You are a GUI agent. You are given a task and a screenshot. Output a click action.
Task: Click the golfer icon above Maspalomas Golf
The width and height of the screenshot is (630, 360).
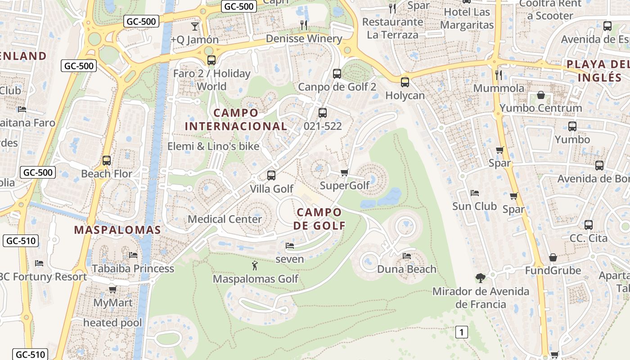click(255, 265)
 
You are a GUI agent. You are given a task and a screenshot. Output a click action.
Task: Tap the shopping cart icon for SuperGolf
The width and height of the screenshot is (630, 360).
click(345, 172)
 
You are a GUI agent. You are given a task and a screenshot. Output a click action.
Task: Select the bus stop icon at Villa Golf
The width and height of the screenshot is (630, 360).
click(271, 175)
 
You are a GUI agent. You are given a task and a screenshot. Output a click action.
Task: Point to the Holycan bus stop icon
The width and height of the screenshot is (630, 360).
click(405, 82)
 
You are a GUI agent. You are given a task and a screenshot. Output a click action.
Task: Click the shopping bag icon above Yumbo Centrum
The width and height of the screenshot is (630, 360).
click(541, 95)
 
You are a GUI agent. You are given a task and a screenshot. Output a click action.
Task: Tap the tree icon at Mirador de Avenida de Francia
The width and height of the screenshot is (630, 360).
click(481, 278)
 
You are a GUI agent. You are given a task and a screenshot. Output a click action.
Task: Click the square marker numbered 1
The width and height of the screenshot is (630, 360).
click(461, 333)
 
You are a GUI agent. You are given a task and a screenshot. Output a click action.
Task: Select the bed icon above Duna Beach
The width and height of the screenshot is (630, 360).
click(407, 256)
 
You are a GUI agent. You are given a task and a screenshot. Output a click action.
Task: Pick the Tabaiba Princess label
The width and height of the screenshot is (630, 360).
click(133, 269)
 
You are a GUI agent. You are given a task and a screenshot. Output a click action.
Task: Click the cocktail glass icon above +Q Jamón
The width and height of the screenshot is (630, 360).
click(195, 27)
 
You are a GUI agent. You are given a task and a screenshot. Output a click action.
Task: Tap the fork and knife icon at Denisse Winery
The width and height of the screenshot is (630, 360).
click(304, 25)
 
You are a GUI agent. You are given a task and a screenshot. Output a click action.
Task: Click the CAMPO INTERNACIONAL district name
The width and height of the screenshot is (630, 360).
click(236, 119)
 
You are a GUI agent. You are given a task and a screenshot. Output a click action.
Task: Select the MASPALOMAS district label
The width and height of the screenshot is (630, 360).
click(117, 230)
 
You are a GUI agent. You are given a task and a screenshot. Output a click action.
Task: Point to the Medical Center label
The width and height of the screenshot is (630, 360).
click(225, 219)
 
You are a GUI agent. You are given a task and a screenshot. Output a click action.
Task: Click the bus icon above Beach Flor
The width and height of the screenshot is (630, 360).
click(107, 161)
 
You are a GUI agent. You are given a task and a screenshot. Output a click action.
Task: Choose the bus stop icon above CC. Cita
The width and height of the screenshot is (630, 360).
click(589, 225)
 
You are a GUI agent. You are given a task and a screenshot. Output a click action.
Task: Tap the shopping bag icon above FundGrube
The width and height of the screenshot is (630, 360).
click(553, 257)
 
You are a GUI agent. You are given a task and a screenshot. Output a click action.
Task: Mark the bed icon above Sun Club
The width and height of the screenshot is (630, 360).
click(475, 193)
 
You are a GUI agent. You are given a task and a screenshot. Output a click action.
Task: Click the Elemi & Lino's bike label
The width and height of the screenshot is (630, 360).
click(213, 146)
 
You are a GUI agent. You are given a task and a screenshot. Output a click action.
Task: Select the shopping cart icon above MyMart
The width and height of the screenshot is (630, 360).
click(112, 289)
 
